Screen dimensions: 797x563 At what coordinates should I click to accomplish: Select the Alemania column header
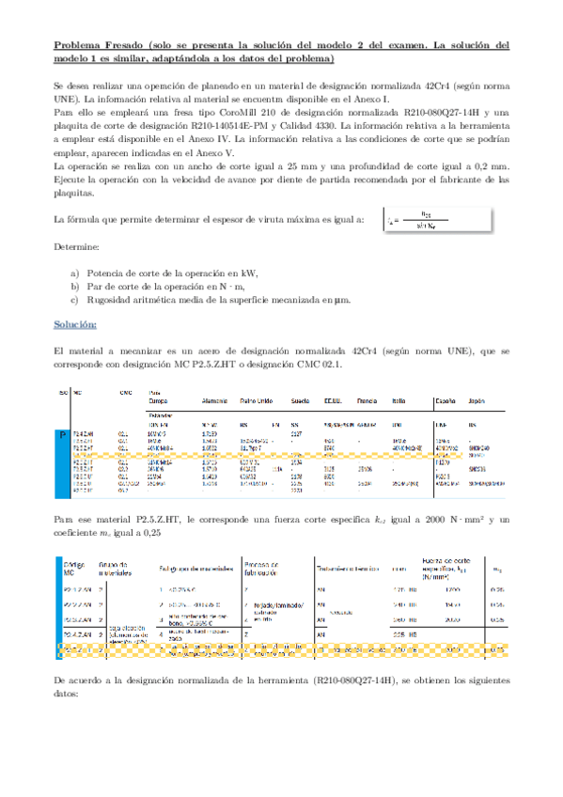(x=218, y=398)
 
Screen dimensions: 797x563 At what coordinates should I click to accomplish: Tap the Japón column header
(x=476, y=398)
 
